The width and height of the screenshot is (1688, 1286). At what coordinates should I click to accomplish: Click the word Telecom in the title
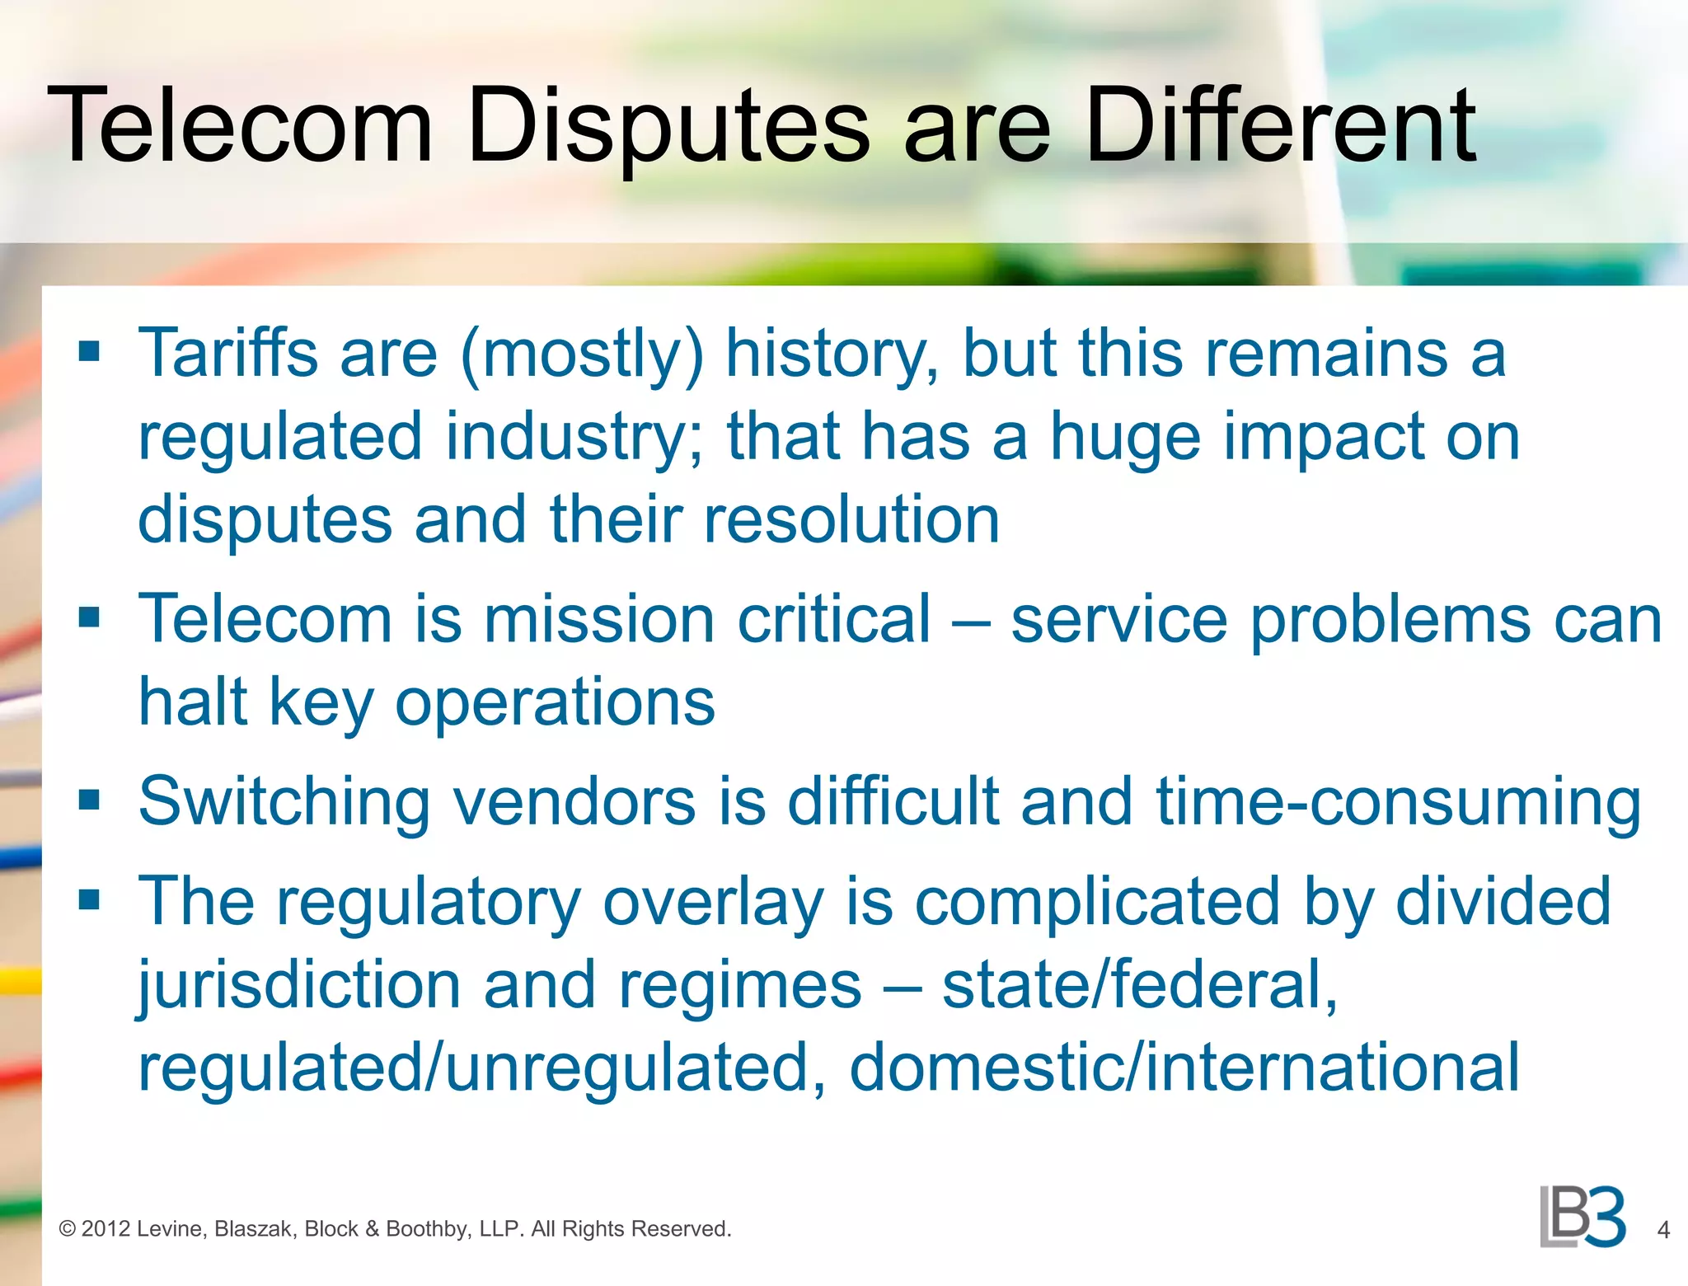click(x=240, y=125)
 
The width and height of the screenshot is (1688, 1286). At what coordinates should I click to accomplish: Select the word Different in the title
click(x=1280, y=125)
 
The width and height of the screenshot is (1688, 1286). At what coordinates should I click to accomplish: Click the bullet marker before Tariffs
click(x=89, y=352)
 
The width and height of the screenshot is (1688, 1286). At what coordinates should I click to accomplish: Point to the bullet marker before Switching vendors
click(x=89, y=800)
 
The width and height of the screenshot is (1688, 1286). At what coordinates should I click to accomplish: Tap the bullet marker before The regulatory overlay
click(x=89, y=899)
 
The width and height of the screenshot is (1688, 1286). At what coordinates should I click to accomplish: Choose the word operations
click(x=555, y=705)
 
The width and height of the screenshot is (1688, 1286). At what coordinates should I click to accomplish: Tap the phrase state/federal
click(x=1139, y=985)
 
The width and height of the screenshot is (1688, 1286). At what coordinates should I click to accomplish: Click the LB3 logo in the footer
click(x=1582, y=1217)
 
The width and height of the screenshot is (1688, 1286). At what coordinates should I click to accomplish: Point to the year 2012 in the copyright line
click(x=106, y=1229)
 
